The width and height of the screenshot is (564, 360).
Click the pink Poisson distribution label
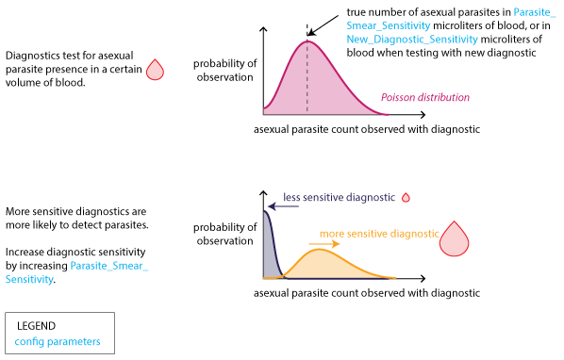[x=424, y=98]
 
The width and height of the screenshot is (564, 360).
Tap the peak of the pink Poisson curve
[x=307, y=41]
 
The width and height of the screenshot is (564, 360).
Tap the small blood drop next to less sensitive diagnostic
[x=406, y=198]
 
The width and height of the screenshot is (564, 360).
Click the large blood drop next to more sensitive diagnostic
[x=456, y=239]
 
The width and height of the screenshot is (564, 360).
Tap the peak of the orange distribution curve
[x=321, y=250]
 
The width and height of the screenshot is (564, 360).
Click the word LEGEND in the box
[x=36, y=325]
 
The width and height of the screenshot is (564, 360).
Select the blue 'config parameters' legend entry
[x=58, y=341]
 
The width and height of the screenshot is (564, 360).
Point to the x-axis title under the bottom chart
[x=367, y=294]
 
